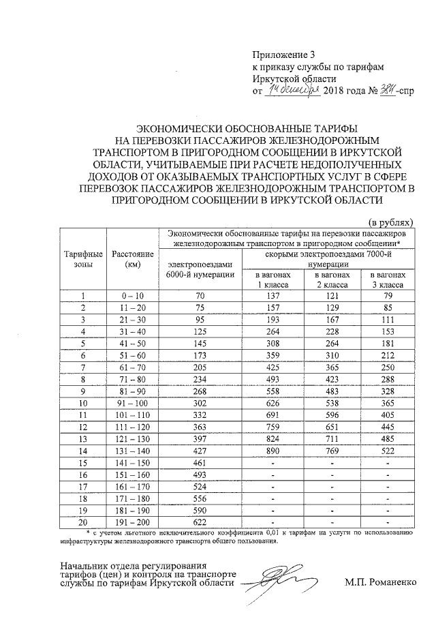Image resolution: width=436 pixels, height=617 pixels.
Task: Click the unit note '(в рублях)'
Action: click(x=390, y=222)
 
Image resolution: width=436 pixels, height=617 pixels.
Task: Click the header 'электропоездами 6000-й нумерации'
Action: click(x=200, y=269)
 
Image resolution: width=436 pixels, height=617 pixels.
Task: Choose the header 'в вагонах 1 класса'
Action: click(x=274, y=279)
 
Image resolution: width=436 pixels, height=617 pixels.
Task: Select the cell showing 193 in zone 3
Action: click(x=274, y=320)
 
